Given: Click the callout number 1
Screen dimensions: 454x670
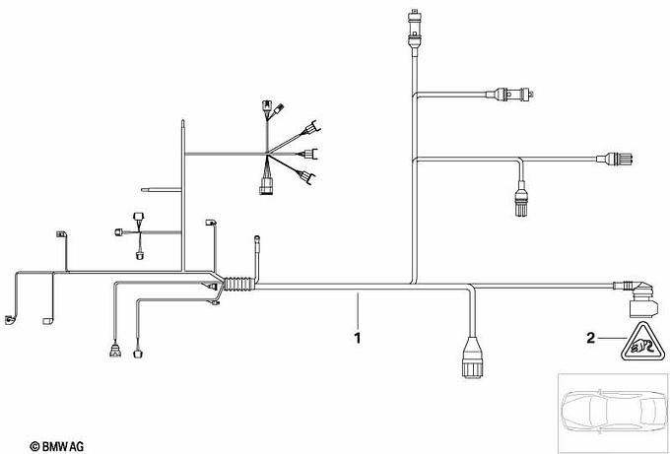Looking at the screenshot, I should (359, 338).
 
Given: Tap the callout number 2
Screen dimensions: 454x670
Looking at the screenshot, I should (591, 339).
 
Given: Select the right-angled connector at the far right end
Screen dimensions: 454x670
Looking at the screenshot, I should (636, 291).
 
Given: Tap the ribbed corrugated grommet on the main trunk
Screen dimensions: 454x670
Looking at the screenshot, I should (235, 286).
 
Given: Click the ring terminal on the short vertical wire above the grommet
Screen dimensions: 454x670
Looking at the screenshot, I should (258, 236).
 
